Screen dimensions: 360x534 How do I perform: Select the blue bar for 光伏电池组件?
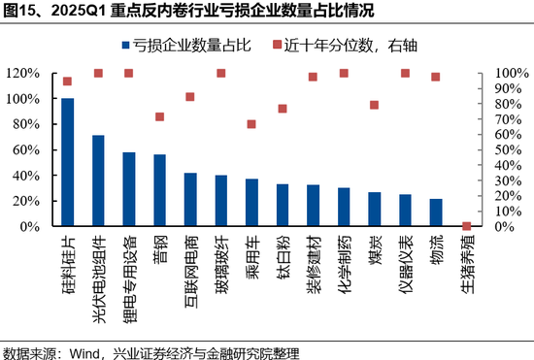point(98,180)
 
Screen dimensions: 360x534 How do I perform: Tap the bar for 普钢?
point(159,190)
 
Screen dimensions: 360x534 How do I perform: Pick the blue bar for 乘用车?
point(251,203)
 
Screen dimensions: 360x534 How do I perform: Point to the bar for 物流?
point(435,213)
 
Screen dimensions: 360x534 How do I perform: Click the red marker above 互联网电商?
point(190,97)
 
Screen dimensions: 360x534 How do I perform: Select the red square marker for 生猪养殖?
point(466,226)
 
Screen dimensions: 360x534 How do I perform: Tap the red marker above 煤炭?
point(374,105)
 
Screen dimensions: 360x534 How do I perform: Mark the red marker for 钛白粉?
point(283,109)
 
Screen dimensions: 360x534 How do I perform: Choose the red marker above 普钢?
point(159,116)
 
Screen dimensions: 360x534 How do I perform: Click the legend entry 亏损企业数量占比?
point(184,45)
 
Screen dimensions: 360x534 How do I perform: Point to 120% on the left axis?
point(21,73)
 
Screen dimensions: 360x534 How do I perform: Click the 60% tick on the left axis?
point(24,149)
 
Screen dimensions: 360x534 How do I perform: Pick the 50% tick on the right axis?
point(506,149)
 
